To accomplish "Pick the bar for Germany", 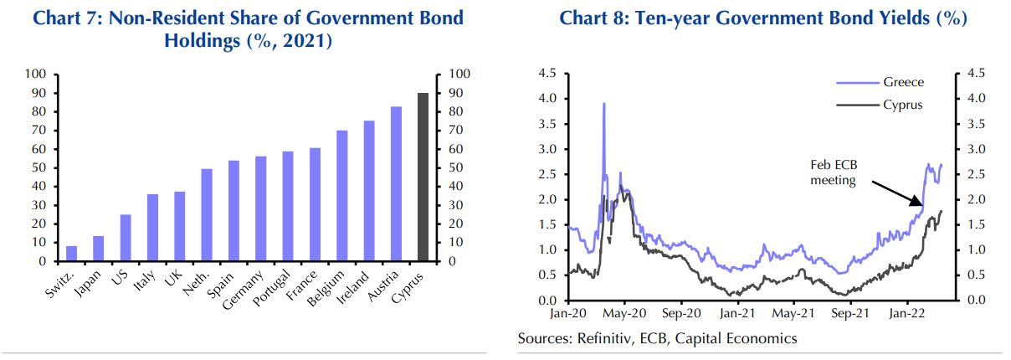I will (261, 208).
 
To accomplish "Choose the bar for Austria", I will (396, 183).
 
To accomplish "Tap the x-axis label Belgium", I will (330, 288).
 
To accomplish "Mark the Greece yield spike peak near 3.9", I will (603, 104).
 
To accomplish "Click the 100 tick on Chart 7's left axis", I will (40, 74).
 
